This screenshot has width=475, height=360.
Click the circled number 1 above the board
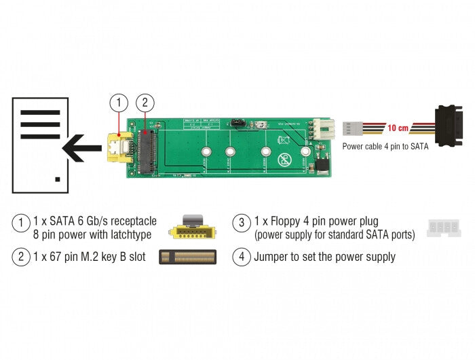tap(119, 103)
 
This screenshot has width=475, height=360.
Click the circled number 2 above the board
tap(144, 103)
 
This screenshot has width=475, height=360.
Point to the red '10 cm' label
tap(398, 128)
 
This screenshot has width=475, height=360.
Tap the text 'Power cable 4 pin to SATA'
tap(385, 145)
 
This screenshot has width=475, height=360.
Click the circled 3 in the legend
tap(242, 222)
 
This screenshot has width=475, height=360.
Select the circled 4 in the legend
tap(242, 257)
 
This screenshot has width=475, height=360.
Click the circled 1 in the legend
tap(21, 222)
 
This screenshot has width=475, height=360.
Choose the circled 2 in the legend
tap(21, 257)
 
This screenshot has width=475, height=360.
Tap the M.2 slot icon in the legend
tap(191, 257)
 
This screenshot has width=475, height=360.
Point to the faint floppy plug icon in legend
tap(442, 229)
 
